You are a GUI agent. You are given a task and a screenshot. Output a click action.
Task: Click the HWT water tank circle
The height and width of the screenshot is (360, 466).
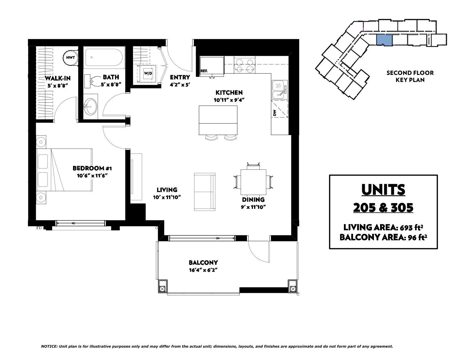click(x=70, y=57)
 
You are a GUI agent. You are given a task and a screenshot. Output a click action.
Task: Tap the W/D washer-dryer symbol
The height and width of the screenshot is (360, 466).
click(x=148, y=74)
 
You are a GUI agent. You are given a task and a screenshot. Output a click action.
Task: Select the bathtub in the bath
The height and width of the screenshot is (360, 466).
click(x=104, y=57)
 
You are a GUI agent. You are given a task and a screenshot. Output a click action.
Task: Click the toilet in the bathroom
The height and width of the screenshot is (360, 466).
click(x=93, y=81)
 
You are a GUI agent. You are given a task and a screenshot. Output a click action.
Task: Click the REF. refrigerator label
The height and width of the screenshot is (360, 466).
click(x=204, y=71)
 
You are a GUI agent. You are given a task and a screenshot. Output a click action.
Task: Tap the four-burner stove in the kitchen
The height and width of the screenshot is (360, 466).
click(x=244, y=65)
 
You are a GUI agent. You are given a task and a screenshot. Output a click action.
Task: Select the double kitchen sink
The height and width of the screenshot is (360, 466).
click(x=280, y=90)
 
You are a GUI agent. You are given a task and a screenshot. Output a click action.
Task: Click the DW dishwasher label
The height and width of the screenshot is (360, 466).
click(x=275, y=113)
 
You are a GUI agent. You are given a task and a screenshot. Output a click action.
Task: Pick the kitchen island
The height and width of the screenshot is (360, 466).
click(x=218, y=120)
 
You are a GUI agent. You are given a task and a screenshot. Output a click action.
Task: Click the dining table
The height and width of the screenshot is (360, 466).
click(x=253, y=182)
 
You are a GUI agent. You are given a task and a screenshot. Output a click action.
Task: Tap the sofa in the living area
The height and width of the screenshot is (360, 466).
click(x=204, y=192)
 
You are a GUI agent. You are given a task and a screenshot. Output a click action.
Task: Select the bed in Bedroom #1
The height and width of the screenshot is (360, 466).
click(x=64, y=170)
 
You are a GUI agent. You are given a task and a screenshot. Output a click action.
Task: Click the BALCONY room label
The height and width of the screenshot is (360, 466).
click(x=203, y=263)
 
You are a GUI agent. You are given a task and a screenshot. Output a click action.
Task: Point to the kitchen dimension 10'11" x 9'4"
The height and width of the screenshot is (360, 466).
click(x=229, y=100)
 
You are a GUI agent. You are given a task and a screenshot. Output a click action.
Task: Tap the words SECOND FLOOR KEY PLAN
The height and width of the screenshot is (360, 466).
click(x=410, y=76)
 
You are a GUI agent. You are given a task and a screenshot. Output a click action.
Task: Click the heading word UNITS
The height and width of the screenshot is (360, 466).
click(x=383, y=190)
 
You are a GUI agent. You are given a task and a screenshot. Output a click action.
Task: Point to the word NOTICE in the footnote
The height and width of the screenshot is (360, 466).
click(x=49, y=346)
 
